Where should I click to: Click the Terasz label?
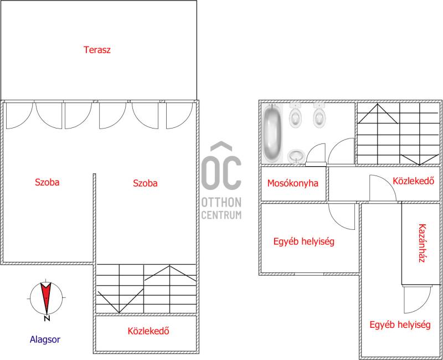[x=97, y=50]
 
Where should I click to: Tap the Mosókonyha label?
[x=293, y=183]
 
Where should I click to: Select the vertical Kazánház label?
[x=422, y=243]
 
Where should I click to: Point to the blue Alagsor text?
[x=45, y=340]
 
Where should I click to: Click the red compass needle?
[x=46, y=297]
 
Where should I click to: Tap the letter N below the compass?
[x=47, y=318]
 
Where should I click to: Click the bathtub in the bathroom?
[x=272, y=133]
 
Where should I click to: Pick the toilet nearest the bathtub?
[x=295, y=115]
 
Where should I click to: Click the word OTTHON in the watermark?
[x=221, y=202]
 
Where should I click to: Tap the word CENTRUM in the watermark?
[x=221, y=215]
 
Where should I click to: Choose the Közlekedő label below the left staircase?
[x=148, y=331]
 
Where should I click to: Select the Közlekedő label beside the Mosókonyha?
[x=413, y=181]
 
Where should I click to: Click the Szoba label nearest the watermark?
[x=145, y=183]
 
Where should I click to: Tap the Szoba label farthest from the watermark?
[x=47, y=182]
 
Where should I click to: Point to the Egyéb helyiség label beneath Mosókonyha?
[x=303, y=241]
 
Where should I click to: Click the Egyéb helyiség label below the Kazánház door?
[x=400, y=325]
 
